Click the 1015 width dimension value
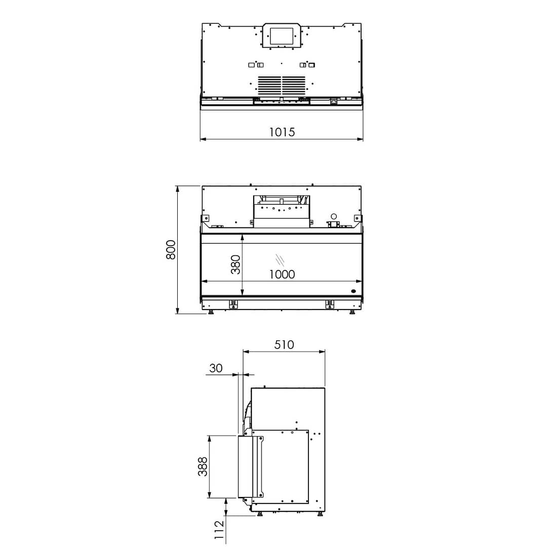(282, 132)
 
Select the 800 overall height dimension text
(171, 250)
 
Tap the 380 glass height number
(236, 264)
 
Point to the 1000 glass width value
(282, 275)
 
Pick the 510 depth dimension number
(284, 345)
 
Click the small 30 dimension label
(216, 368)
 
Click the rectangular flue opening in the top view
(281, 35)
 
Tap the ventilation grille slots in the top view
(281, 84)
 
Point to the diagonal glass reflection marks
(280, 259)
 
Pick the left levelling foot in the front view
(211, 311)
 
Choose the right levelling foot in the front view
(352, 311)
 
